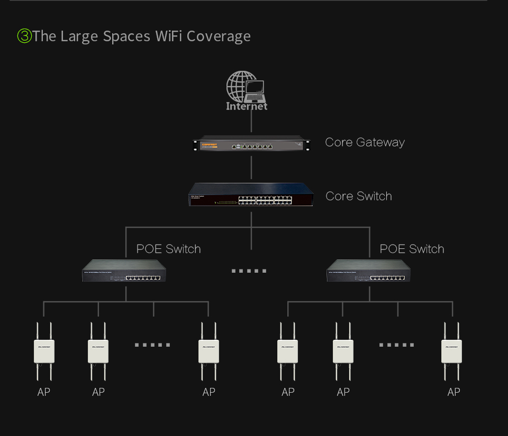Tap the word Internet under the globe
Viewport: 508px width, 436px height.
[247, 106]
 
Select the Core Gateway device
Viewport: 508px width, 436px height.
[251, 144]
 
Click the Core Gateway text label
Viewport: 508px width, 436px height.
[365, 142]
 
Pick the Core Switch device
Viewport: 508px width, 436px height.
[251, 194]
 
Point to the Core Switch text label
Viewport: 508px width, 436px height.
[359, 196]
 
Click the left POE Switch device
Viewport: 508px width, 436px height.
[124, 271]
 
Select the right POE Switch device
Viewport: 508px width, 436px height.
[369, 271]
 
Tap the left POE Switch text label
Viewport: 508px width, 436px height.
[168, 249]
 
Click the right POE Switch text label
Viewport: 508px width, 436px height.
[412, 249]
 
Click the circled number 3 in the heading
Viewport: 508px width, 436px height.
[24, 36]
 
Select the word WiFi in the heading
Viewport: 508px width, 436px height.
[169, 36]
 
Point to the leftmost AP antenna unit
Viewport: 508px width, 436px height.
[44, 351]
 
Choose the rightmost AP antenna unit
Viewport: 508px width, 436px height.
[452, 351]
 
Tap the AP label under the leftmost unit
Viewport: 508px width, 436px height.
[44, 392]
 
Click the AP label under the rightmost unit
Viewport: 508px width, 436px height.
[453, 392]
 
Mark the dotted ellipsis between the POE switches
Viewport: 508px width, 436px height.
[249, 271]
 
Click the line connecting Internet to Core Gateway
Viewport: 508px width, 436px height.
[251, 123]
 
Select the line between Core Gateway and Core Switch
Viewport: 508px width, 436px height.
[251, 168]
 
